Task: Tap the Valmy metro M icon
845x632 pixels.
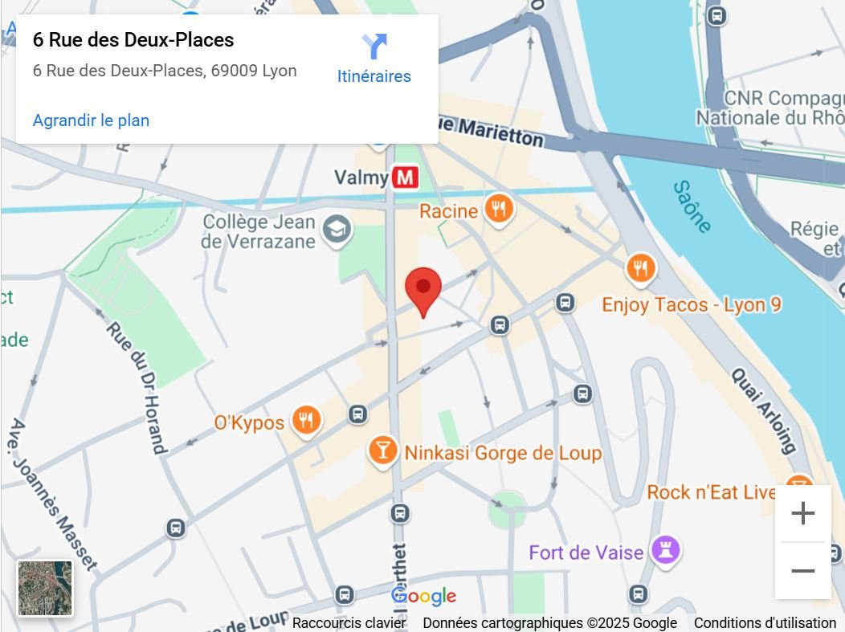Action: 406,177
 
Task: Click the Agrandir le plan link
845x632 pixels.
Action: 91,120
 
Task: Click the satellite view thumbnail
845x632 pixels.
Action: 45,588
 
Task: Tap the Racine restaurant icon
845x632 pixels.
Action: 500,210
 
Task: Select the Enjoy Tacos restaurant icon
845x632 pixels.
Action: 640,269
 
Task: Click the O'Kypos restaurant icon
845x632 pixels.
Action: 306,420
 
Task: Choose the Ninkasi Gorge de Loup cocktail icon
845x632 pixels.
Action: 383,451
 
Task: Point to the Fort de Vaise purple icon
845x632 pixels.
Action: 666,550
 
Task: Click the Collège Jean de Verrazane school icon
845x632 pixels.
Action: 337,230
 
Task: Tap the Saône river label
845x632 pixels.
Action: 692,206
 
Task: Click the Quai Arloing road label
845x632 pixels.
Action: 764,410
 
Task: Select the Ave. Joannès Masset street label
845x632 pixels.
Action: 53,493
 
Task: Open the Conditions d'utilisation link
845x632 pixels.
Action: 765,623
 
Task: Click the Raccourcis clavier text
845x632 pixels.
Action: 349,623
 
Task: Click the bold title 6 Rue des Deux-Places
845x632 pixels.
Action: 133,40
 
